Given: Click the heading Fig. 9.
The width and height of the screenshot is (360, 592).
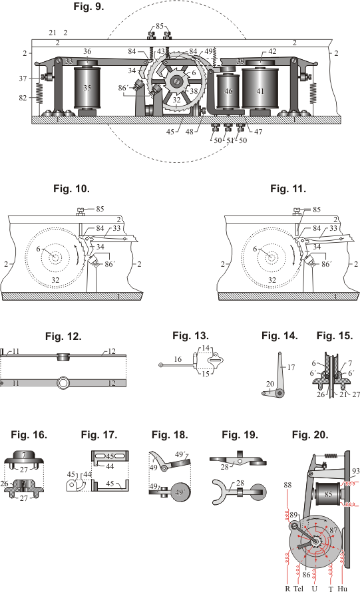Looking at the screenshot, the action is tap(89, 7).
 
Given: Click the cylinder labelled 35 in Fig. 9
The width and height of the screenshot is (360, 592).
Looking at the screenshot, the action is tap(87, 88).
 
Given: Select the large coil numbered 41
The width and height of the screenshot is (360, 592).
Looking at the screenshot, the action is tap(260, 88).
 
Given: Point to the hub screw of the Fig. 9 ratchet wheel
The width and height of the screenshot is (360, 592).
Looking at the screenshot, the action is tap(176, 81).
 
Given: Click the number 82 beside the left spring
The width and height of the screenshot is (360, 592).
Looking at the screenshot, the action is tap(23, 98).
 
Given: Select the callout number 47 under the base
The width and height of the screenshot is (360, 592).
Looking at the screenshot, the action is tap(258, 132).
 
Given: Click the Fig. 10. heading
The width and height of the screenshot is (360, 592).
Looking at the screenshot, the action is tap(71, 188).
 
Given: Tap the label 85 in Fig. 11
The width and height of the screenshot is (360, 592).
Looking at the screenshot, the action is tap(317, 210).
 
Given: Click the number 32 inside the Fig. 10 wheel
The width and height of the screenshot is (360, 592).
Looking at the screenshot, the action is tap(55, 280).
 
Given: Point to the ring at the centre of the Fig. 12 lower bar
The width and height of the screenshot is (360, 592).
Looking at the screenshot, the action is tap(63, 383).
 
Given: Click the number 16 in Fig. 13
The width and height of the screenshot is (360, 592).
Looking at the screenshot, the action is tap(178, 359).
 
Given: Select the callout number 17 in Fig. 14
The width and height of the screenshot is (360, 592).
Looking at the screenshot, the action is tap(291, 367).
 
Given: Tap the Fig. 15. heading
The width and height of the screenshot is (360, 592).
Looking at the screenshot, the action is tap(335, 336).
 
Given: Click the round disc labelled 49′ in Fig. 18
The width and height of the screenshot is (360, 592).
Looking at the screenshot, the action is tap(180, 492).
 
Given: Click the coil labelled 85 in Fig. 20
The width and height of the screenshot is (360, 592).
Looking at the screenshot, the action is tap(328, 494).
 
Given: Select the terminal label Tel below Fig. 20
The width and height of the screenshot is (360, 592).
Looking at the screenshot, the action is tap(298, 588).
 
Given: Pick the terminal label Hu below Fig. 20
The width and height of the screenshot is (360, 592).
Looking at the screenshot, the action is tap(342, 588).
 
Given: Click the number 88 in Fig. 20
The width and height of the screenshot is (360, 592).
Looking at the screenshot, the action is tap(287, 485).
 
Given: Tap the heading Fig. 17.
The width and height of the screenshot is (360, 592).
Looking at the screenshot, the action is tap(99, 435).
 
